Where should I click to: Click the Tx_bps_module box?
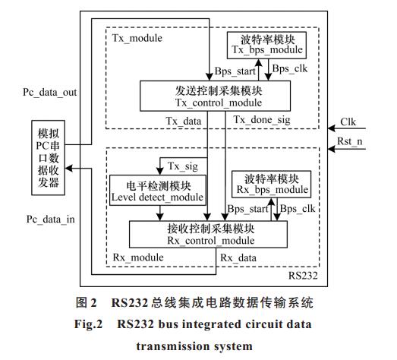(x=266, y=46)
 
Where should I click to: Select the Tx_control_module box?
(x=216, y=96)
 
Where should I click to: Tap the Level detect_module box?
(x=157, y=190)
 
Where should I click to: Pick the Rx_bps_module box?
(x=272, y=185)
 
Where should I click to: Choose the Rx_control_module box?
(x=209, y=235)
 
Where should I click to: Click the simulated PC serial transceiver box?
(x=48, y=157)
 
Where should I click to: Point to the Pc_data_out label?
(x=50, y=93)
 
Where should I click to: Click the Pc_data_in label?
(x=51, y=219)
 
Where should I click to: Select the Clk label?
(x=348, y=122)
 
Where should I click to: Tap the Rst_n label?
(x=350, y=141)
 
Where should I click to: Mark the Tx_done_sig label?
(x=262, y=120)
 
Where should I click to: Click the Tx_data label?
(x=184, y=121)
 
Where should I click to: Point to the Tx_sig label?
(x=183, y=166)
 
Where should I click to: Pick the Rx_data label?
(x=238, y=258)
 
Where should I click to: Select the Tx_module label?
(x=137, y=38)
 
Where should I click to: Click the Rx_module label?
(x=138, y=257)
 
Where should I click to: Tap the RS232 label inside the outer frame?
(x=303, y=276)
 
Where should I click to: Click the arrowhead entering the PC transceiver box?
(x=68, y=168)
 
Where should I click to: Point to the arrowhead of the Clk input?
(x=332, y=128)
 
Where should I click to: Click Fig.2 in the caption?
(x=88, y=324)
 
